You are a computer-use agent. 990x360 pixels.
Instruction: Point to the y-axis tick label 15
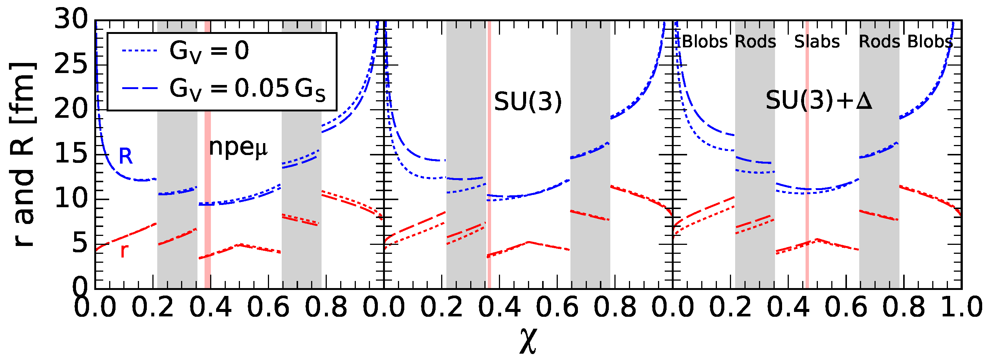pyautogui.click(x=72, y=155)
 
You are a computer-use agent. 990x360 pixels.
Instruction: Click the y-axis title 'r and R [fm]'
pyautogui.click(x=23, y=154)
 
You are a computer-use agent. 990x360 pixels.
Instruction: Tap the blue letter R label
pyautogui.click(x=126, y=157)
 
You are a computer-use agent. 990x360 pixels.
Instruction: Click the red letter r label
pyautogui.click(x=124, y=250)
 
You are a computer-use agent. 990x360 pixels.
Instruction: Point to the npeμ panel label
pyautogui.click(x=238, y=148)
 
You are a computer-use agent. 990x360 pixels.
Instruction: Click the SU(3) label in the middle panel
pyautogui.click(x=528, y=102)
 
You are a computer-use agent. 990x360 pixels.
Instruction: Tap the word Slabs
pyautogui.click(x=817, y=42)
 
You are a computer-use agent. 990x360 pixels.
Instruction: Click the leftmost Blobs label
pyautogui.click(x=705, y=42)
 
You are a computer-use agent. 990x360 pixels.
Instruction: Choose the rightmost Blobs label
pyautogui.click(x=930, y=42)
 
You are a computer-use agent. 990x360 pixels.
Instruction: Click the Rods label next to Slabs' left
pyautogui.click(x=755, y=42)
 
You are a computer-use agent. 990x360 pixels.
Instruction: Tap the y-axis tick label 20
pyautogui.click(x=72, y=110)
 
